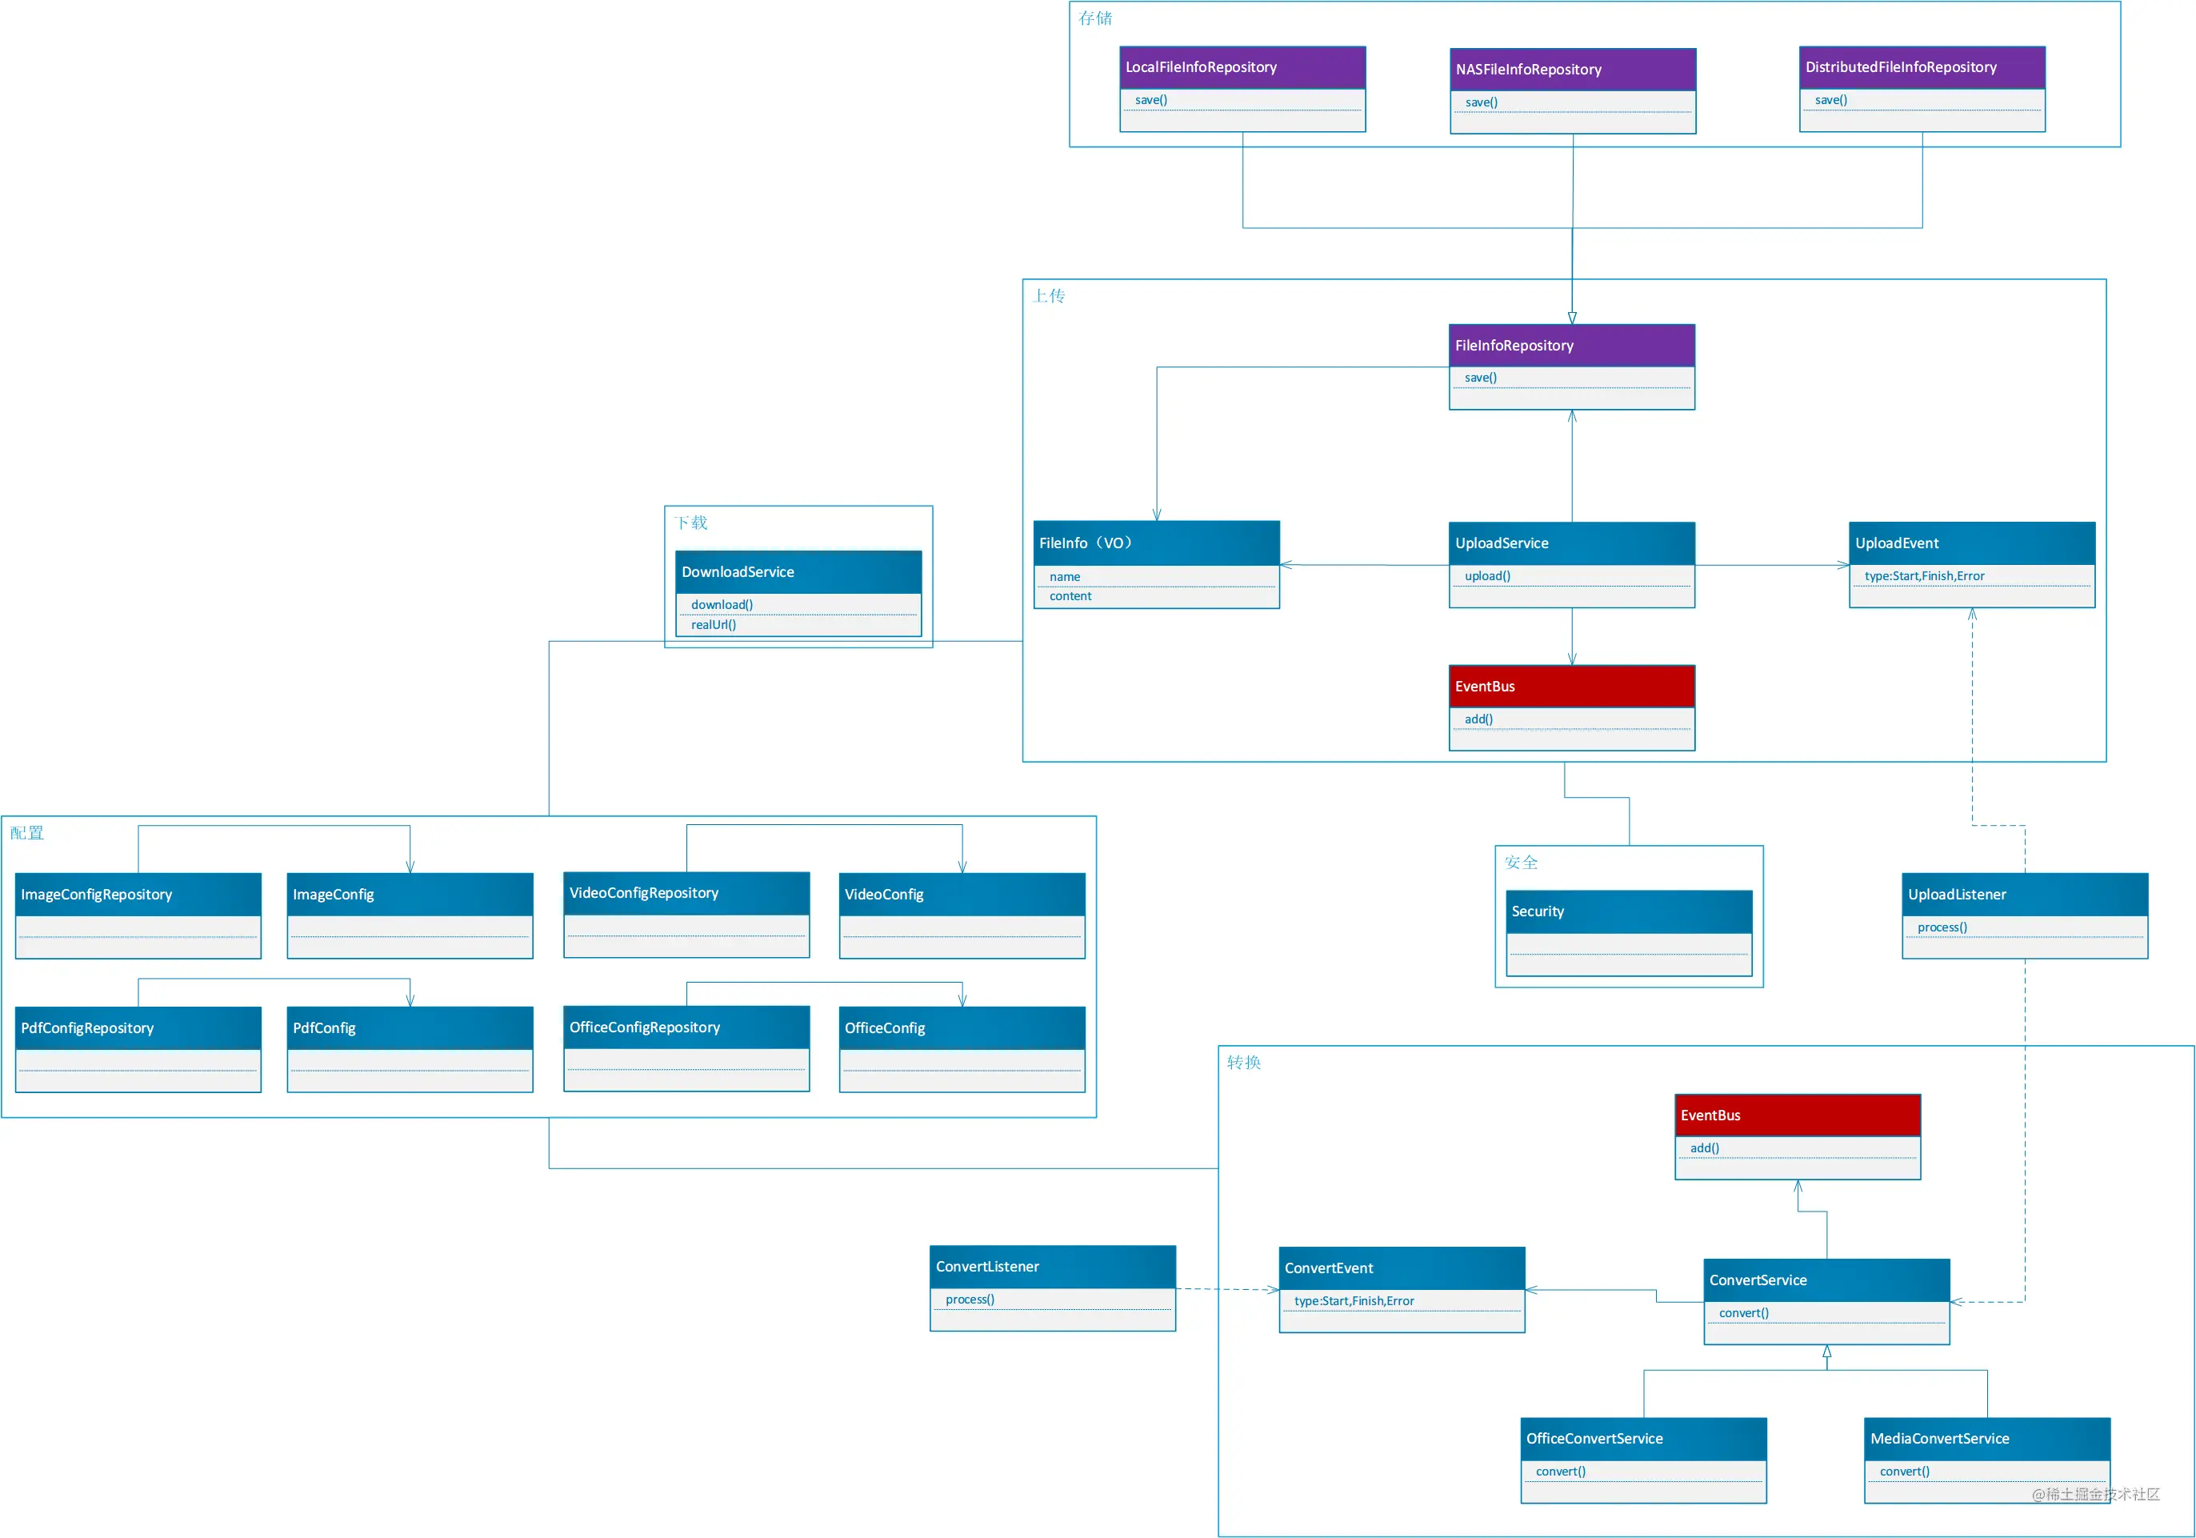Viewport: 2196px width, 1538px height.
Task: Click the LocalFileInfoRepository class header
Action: pos(1242,67)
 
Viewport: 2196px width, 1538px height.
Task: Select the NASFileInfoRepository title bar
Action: pos(1572,70)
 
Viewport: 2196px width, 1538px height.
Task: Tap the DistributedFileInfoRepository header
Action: pos(1922,67)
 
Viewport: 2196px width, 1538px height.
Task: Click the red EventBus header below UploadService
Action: pos(1571,686)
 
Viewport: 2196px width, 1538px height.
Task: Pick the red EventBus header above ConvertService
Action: pos(1797,1115)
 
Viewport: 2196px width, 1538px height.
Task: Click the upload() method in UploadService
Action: pos(1487,576)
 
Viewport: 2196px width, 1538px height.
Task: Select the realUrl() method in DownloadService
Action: pos(714,625)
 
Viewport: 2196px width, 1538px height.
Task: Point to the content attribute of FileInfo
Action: pos(1070,596)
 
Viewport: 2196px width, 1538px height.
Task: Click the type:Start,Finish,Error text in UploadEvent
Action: pos(1924,576)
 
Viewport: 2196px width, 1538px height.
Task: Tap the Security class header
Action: pos(1629,911)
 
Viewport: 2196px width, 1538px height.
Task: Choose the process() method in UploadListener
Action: pos(1942,927)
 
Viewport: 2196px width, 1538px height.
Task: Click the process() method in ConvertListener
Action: pos(970,1299)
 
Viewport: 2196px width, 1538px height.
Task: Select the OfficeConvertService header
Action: pos(1643,1439)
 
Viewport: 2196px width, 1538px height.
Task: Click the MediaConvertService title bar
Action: pos(1987,1439)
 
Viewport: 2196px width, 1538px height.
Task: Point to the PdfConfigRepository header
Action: pos(138,1028)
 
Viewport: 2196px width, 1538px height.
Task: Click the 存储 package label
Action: pos(1095,18)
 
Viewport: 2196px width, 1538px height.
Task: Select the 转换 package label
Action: pos(1243,1062)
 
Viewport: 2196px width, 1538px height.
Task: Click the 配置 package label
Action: pos(26,832)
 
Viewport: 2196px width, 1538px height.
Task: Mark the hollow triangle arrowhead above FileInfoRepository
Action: pos(1571,318)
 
